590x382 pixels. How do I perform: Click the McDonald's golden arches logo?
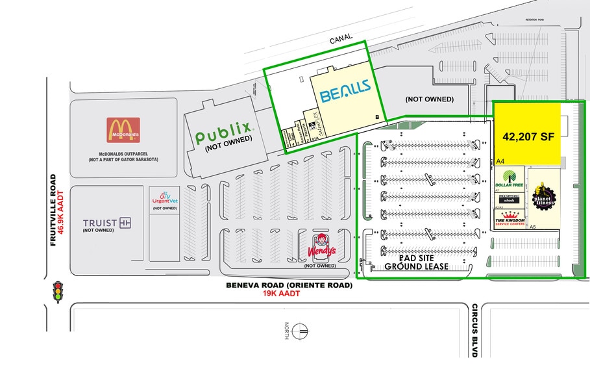[123, 129]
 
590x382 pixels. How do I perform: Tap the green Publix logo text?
[223, 136]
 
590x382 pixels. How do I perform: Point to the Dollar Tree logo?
[509, 180]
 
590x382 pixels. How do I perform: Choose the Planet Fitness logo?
[543, 196]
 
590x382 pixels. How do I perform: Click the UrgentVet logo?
[165, 197]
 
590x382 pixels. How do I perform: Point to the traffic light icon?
[58, 292]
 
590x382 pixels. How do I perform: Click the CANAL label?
[341, 38]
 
